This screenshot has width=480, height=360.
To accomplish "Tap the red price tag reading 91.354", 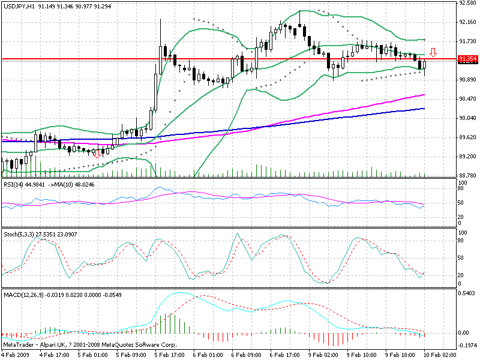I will click(467, 59).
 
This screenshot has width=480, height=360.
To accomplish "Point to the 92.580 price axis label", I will click(467, 3).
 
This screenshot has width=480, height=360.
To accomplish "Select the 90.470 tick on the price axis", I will click(467, 98).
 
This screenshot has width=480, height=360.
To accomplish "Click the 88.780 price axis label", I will click(467, 175).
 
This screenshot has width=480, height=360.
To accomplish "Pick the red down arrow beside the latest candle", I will click(433, 52).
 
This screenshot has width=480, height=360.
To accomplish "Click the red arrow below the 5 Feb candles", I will click(97, 154).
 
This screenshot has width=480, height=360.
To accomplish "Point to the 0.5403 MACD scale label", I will click(467, 293).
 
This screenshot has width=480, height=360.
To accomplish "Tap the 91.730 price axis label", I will click(467, 41).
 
